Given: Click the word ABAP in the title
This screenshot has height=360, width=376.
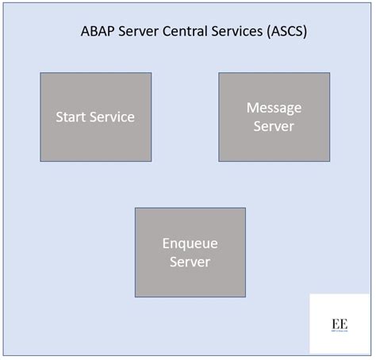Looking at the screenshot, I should point(99,33).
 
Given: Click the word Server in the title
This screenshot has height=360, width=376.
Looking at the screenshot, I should point(142,33).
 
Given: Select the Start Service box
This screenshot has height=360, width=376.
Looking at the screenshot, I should point(95,117).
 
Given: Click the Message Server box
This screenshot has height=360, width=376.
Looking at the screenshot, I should point(274,117).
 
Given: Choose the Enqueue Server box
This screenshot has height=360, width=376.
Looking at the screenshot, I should point(190,252).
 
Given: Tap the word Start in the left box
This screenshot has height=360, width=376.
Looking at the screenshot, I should point(71,117).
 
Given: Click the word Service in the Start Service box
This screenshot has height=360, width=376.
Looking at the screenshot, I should point(112,117).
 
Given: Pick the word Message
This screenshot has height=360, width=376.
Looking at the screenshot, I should point(274,108).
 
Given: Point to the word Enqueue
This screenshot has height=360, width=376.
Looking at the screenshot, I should point(190,243).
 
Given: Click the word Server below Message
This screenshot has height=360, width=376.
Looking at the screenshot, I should point(274,126).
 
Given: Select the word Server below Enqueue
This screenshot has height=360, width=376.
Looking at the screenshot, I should point(190,262).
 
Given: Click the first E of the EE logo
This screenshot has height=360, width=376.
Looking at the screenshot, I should point(335,324).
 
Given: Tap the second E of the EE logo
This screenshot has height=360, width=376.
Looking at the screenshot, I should point(343,324).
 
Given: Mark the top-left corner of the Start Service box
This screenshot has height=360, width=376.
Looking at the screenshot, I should point(40,73).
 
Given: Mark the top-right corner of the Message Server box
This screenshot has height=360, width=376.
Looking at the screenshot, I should point(329,73).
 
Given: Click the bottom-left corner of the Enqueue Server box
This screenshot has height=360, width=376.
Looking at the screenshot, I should point(135,297).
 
